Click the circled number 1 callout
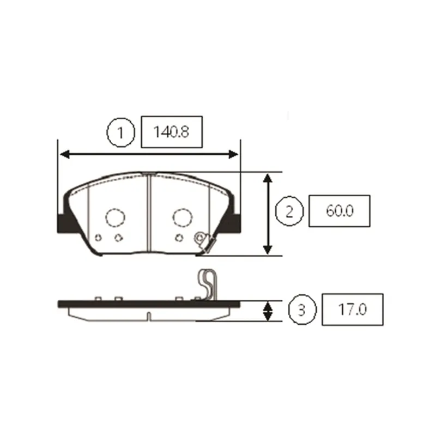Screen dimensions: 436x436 click(x=120, y=132)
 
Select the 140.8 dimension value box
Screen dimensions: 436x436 click(x=172, y=132)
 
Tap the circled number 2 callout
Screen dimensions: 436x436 click(x=289, y=211)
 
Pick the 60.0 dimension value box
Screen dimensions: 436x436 click(x=339, y=211)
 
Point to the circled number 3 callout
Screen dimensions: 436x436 click(x=302, y=310)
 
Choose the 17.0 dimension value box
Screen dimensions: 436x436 click(x=352, y=310)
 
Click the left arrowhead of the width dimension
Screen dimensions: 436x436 click(x=65, y=154)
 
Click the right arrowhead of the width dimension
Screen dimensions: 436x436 click(x=233, y=154)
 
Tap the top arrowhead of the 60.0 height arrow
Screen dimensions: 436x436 click(x=268, y=179)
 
